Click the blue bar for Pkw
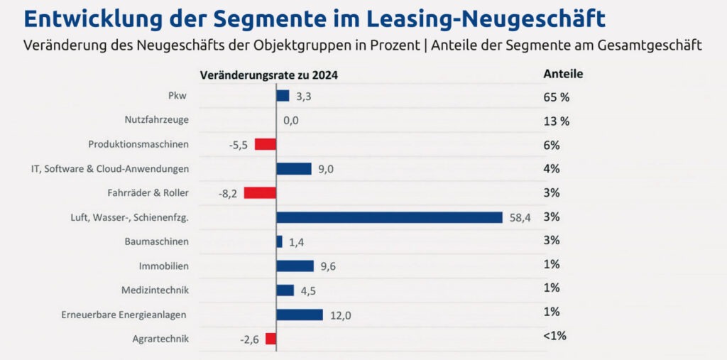[283, 96]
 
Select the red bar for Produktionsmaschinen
[266, 144]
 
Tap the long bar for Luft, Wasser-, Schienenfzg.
[389, 217]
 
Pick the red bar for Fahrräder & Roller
[260, 192]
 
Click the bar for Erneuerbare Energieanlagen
[300, 315]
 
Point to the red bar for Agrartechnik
[270, 339]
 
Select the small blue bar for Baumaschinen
[279, 241]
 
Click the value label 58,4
[521, 218]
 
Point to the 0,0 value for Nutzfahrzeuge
[290, 121]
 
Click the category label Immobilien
[164, 266]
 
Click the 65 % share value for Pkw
[557, 97]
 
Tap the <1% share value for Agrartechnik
[554, 336]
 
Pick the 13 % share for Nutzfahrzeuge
[557, 121]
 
